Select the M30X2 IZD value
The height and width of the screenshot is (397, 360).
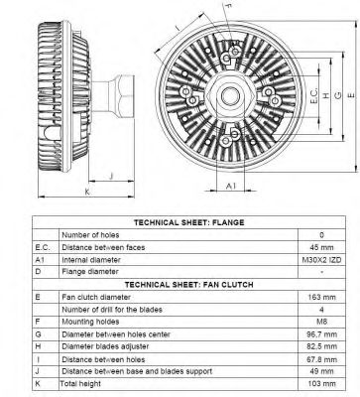click(x=321, y=259)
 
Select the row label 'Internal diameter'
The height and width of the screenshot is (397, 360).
click(x=91, y=259)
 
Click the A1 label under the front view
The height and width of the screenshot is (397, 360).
click(x=230, y=186)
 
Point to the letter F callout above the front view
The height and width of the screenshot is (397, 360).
click(x=227, y=8)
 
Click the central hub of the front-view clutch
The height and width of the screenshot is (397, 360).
click(x=229, y=95)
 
